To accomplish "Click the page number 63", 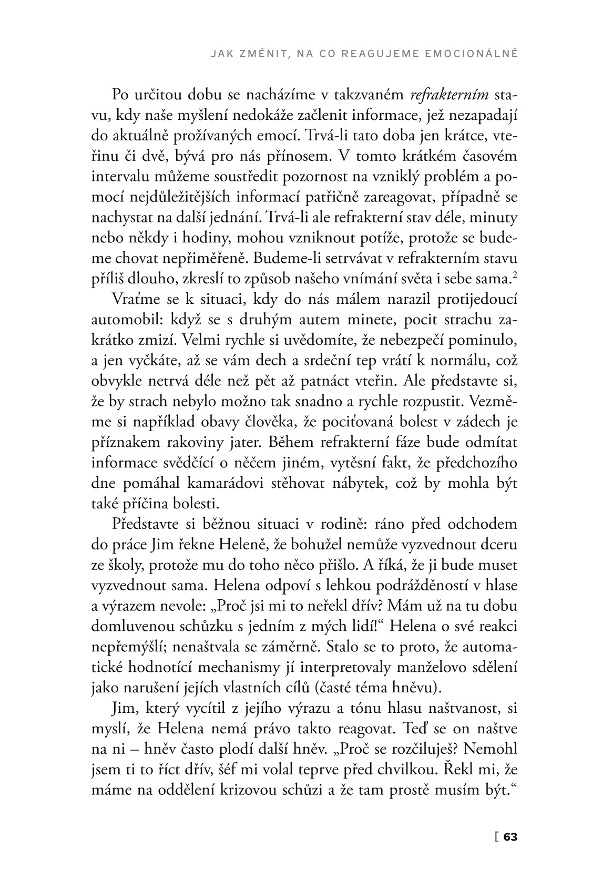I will click(511, 836).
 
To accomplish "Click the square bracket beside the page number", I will click(495, 836).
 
